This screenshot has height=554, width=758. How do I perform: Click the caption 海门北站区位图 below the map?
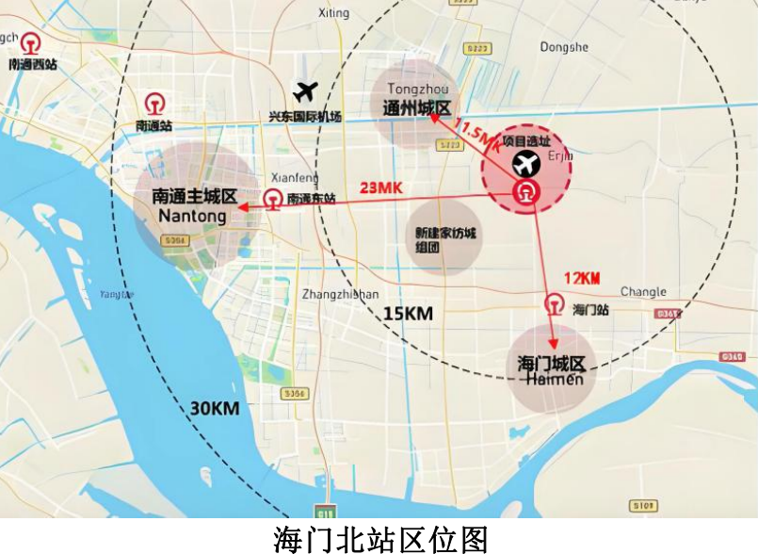380,539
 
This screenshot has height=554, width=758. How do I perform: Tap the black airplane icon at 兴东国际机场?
305,91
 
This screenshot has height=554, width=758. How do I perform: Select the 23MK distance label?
381,187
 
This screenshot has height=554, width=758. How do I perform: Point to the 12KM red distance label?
582,278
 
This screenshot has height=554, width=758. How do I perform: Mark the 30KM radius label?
213,408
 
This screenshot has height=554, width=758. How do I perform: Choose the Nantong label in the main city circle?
193,217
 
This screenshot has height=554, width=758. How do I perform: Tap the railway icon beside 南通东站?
272,199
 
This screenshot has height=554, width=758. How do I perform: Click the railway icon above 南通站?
153,103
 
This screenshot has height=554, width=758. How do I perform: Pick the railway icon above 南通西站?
31,45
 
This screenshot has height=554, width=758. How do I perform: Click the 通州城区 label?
418,108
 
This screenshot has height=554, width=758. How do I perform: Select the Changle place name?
643,292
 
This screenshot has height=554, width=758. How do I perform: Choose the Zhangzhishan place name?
340,294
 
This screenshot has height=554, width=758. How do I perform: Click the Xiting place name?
333,13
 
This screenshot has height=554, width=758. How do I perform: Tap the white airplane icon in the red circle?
525,164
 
